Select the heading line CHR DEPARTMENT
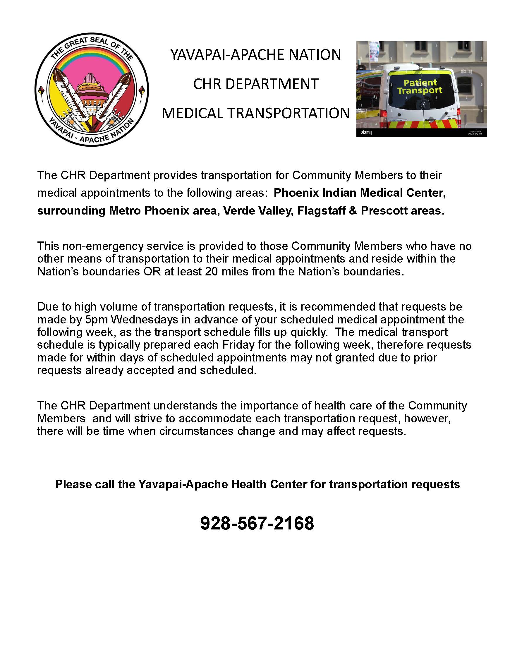tap(256, 84)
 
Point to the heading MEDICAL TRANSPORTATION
tap(256, 113)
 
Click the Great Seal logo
tap(92, 90)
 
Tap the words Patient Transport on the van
tap(420, 86)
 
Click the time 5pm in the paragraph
tap(93, 319)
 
